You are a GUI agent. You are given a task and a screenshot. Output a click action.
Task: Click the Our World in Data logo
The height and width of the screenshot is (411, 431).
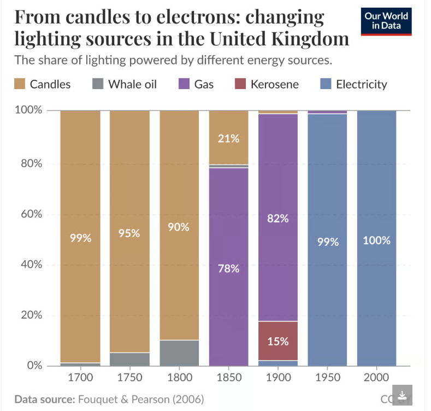pos(387,21)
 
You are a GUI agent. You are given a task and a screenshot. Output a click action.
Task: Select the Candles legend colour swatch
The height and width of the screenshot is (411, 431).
pos(20,84)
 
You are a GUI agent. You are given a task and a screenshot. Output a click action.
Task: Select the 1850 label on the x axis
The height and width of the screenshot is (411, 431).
pos(228,378)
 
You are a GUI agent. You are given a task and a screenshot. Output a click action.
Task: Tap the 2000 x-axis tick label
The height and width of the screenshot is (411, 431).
pos(376,378)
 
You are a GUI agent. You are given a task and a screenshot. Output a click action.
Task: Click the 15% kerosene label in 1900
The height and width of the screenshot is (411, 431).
pos(278,342)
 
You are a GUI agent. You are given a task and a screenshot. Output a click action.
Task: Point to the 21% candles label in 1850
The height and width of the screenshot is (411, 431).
pos(228,138)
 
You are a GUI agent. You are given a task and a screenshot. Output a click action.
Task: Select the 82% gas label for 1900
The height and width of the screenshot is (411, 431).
pos(278,219)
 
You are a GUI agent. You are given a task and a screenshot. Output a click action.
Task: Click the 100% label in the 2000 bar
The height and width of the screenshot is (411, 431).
pos(376,240)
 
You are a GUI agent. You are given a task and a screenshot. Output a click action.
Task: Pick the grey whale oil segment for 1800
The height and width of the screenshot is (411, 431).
pos(179,353)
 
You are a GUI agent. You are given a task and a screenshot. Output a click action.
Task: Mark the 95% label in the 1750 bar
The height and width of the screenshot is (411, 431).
pos(129,233)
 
